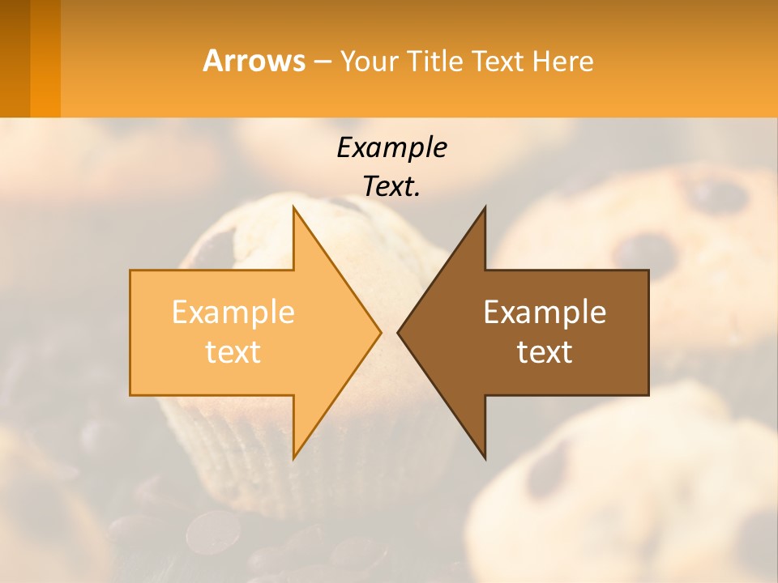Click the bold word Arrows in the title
click(x=254, y=61)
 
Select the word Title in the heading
click(x=434, y=61)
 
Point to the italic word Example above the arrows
click(x=391, y=147)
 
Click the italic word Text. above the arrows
click(x=391, y=186)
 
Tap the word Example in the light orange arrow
click(x=233, y=313)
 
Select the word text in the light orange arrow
click(x=233, y=351)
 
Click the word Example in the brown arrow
click(x=545, y=313)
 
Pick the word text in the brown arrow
click(x=545, y=351)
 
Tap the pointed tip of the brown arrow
click(x=399, y=332)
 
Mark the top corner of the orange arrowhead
click(x=293, y=207)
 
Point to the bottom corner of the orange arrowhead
click(x=293, y=457)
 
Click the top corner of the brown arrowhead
click(x=485, y=207)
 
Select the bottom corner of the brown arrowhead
click(x=485, y=457)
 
